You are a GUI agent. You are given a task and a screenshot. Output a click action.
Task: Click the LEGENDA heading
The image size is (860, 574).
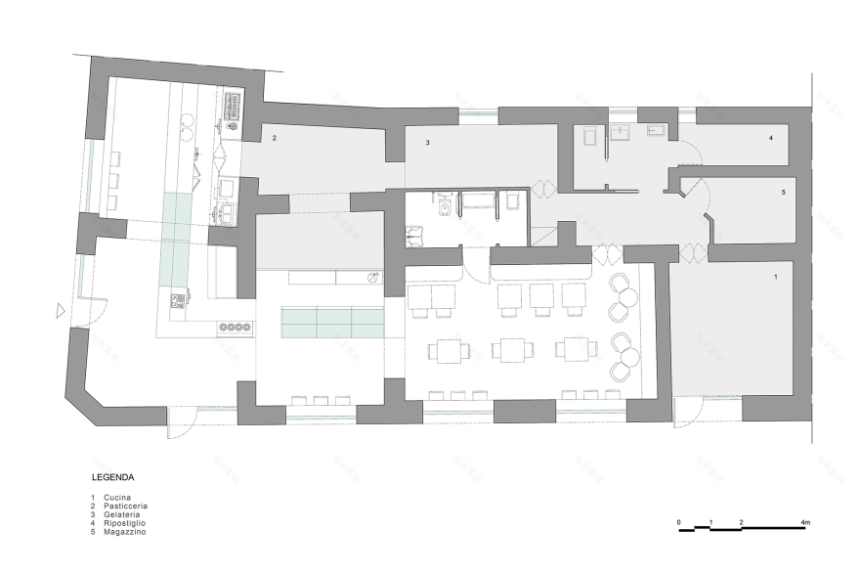(x=112, y=478)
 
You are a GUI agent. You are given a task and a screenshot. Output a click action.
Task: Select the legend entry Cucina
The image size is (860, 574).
(x=116, y=498)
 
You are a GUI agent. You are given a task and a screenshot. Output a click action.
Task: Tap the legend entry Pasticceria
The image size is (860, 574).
(x=124, y=507)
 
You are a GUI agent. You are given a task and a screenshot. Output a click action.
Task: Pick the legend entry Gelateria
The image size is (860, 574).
(x=121, y=514)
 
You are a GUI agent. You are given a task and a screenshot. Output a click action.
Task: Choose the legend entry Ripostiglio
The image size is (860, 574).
(x=123, y=523)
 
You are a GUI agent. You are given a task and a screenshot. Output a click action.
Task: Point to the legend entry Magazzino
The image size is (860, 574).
(x=122, y=531)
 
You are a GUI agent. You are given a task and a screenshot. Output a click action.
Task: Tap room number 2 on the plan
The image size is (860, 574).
(x=276, y=139)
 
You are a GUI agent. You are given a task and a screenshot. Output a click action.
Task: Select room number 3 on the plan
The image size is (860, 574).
(x=428, y=143)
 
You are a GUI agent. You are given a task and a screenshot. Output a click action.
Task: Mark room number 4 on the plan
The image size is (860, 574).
(x=771, y=139)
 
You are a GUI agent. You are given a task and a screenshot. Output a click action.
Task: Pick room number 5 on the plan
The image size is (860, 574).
(x=784, y=193)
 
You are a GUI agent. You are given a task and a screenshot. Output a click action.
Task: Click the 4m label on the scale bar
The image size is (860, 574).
(x=804, y=524)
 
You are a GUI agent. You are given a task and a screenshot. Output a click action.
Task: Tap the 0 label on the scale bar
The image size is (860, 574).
(x=678, y=524)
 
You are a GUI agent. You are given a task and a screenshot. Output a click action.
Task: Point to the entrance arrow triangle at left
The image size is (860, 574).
(x=60, y=311)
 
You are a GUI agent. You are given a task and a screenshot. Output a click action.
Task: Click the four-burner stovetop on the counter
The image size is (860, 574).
(x=235, y=328)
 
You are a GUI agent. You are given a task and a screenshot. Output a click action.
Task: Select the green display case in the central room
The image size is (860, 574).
(x=332, y=321)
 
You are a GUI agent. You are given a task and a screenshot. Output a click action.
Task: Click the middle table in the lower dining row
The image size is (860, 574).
(x=513, y=349)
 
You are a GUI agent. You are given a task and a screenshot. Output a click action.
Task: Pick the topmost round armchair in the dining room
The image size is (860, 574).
(x=618, y=285)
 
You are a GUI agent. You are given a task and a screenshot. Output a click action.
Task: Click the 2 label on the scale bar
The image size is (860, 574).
(x=742, y=524)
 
